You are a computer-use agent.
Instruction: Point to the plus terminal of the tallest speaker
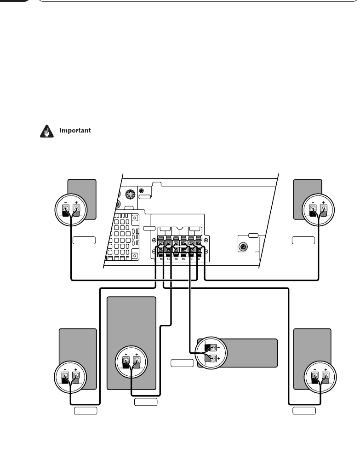click(x=136, y=361)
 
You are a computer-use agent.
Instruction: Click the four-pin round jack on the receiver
click(x=131, y=194)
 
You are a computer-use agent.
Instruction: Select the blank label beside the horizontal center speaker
click(x=182, y=363)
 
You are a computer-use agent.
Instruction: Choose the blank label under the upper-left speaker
click(x=84, y=240)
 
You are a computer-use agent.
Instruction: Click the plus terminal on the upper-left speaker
click(x=76, y=211)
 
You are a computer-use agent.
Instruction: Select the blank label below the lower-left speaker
click(x=86, y=410)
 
